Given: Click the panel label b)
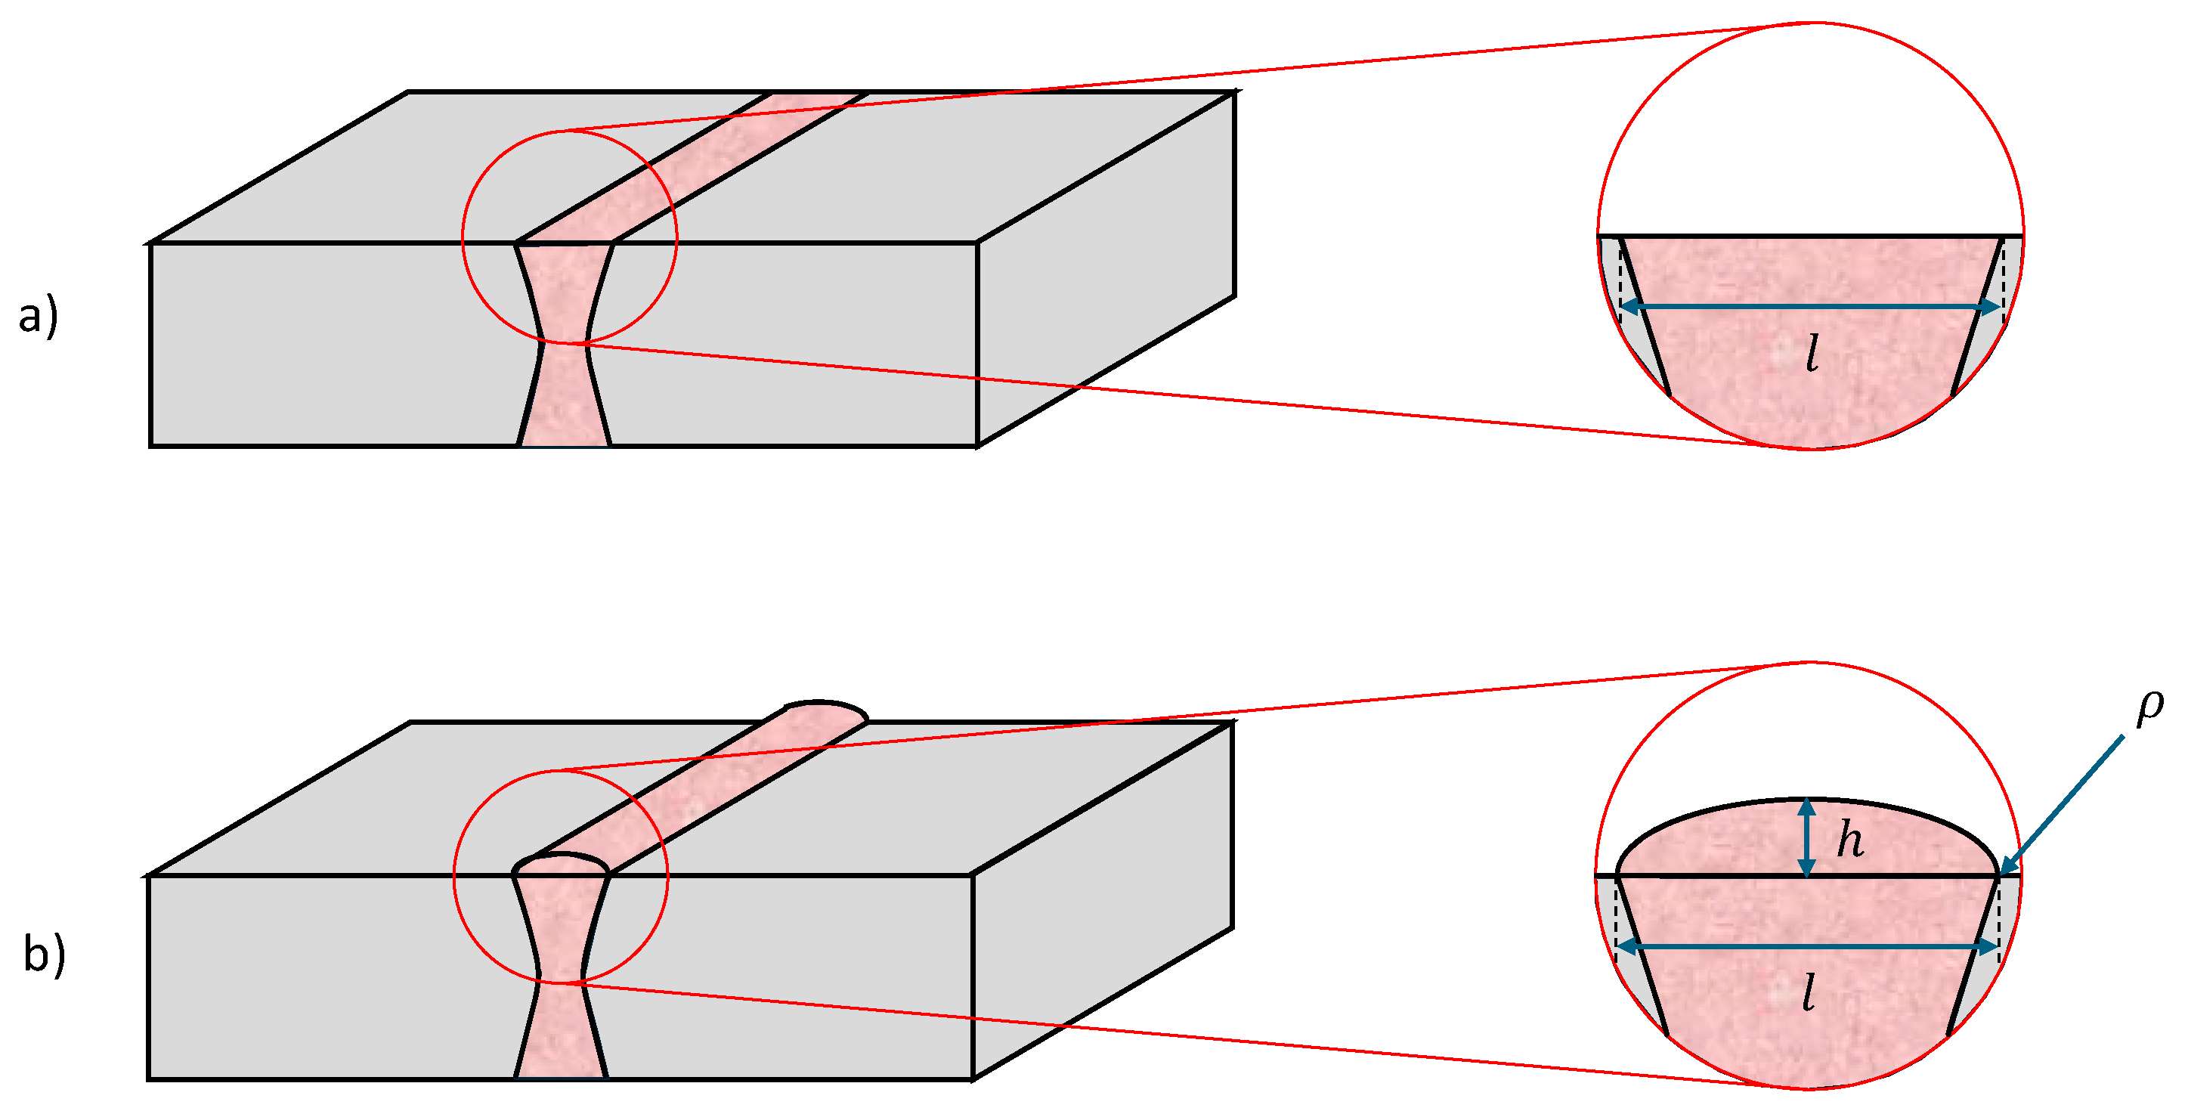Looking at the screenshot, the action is (44, 954).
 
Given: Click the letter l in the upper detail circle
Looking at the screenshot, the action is (1812, 354).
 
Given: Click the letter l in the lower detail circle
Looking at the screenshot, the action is (1809, 992).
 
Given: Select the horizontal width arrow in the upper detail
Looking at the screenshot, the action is (1811, 307).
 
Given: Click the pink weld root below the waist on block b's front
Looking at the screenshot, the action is (561, 1031).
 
